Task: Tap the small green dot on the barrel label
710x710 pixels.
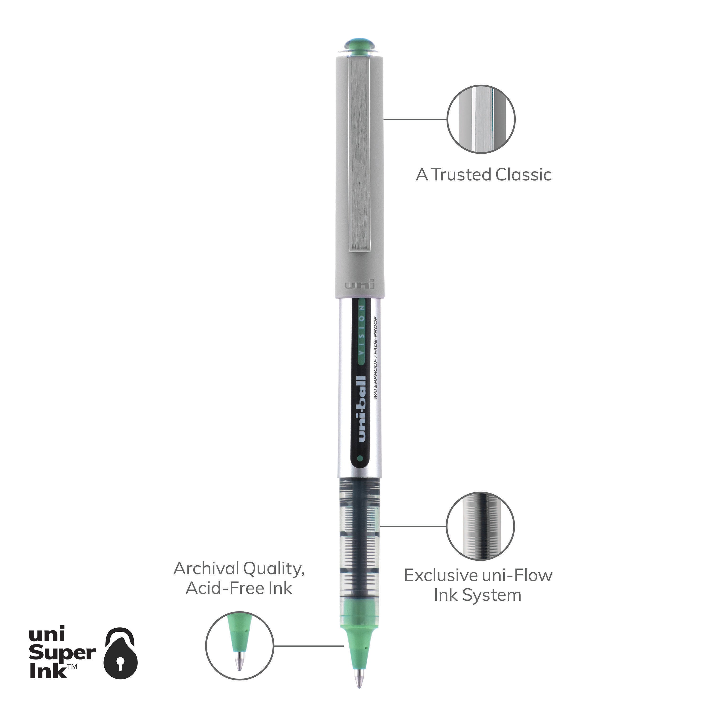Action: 360,458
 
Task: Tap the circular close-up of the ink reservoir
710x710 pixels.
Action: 480,527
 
